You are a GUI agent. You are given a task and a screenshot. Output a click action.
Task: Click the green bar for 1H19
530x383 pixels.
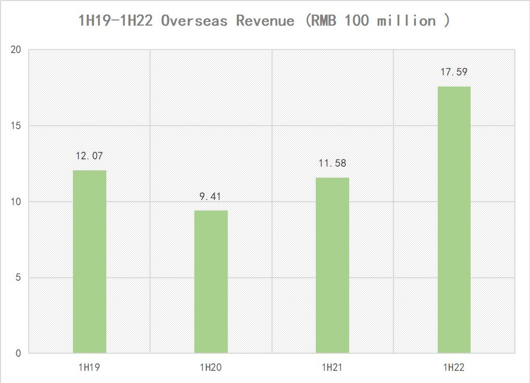pyautogui.click(x=90, y=262)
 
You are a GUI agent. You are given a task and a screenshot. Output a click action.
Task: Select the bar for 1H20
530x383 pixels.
pyautogui.click(x=211, y=281)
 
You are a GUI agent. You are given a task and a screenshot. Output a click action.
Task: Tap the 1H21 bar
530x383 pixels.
pyautogui.click(x=332, y=265)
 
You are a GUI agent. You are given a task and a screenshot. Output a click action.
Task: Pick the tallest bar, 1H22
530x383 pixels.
pyautogui.click(x=454, y=220)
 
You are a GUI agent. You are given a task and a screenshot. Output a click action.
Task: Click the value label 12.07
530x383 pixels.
pyautogui.click(x=90, y=156)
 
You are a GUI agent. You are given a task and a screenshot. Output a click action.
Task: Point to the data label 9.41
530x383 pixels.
pyautogui.click(x=211, y=196)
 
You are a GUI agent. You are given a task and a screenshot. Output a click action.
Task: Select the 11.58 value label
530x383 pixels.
pyautogui.click(x=332, y=164)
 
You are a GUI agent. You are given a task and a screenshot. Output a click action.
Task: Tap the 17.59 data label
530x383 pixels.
pyautogui.click(x=454, y=72)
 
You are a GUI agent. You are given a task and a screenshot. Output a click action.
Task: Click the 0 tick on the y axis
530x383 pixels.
pyautogui.click(x=18, y=353)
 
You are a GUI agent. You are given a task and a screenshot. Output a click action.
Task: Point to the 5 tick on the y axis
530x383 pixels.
pyautogui.click(x=18, y=278)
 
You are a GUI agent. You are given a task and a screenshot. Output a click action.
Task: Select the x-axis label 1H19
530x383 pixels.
pyautogui.click(x=90, y=367)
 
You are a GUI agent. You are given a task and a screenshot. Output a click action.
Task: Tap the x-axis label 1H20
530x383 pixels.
pyautogui.click(x=211, y=367)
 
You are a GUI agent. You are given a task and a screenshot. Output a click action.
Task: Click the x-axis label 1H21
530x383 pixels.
pyautogui.click(x=332, y=367)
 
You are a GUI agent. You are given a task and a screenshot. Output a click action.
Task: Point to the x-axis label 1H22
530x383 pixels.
pyautogui.click(x=454, y=367)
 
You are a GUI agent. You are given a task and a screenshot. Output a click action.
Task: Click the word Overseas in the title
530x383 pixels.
pyautogui.click(x=194, y=21)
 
